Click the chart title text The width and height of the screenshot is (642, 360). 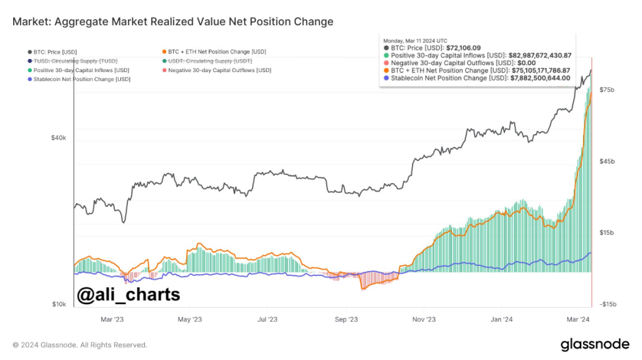tap(172, 22)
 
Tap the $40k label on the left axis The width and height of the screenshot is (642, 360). tap(58, 138)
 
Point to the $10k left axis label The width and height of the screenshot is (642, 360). tap(58, 304)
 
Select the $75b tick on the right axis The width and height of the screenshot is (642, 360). tap(608, 90)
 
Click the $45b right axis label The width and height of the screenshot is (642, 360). tap(608, 162)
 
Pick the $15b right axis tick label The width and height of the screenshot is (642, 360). tap(608, 233)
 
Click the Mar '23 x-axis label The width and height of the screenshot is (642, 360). tap(112, 319)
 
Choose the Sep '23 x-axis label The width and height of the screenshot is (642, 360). tap(345, 319)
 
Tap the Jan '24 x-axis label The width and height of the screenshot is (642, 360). tap(502, 319)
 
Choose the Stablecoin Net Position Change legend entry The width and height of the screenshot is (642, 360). tap(78, 80)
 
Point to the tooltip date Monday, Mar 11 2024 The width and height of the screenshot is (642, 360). tap(415, 40)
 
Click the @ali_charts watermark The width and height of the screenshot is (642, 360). tap(128, 294)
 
